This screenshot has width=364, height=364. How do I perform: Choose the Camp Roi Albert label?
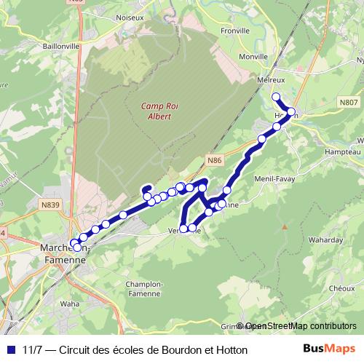(x=156, y=111)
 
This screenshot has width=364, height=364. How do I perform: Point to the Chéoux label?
(x=341, y=288)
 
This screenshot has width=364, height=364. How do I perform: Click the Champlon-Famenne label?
(x=143, y=288)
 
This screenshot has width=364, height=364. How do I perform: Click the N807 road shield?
(x=348, y=104)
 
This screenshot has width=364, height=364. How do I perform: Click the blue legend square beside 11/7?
(x=9, y=349)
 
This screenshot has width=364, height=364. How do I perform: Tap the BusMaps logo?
(x=330, y=349)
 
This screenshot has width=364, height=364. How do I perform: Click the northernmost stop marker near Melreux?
(x=275, y=97)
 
